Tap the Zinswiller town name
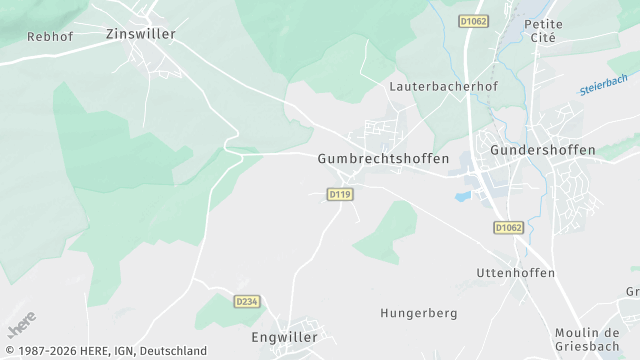[x=140, y=33]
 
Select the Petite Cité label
[x=543, y=30]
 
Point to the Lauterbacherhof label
[x=442, y=86]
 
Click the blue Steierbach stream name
[x=603, y=85]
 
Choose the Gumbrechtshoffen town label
[x=383, y=158]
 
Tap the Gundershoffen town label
[x=543, y=150]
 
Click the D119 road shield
[x=340, y=194]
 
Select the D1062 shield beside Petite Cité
[x=474, y=21]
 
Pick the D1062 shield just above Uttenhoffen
[x=508, y=228]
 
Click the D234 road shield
[x=246, y=301]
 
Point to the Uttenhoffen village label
[x=515, y=273]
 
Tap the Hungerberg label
[x=418, y=313]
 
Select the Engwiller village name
[x=284, y=336]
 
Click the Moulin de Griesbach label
[x=587, y=339]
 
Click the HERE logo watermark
[x=22, y=325]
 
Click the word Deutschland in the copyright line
[x=173, y=351]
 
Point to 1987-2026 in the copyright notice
[x=44, y=351]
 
